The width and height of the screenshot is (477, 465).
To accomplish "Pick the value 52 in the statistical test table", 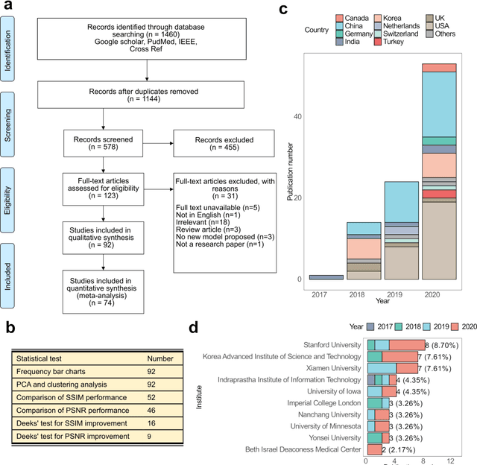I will [152, 396].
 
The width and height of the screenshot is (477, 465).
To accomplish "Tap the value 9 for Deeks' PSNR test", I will [150, 434].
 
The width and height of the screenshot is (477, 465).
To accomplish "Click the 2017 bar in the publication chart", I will [326, 276].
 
